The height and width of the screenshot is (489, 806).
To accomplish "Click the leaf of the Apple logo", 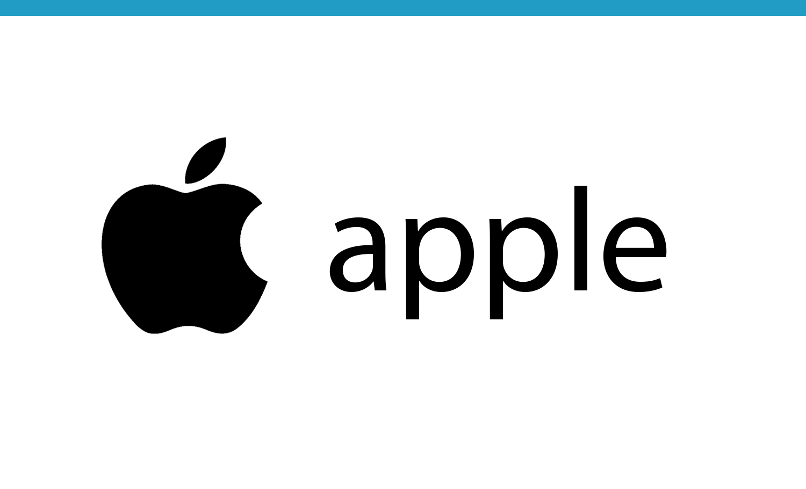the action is pos(205,161).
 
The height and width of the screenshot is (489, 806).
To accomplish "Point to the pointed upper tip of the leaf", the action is pos(225,138).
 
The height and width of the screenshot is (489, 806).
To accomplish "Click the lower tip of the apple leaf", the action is pos(186,183).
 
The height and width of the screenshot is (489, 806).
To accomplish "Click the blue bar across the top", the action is pos(403,8).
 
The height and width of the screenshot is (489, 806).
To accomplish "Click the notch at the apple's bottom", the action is pos(188,326).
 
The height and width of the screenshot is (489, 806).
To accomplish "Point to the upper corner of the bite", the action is pos(261,204).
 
